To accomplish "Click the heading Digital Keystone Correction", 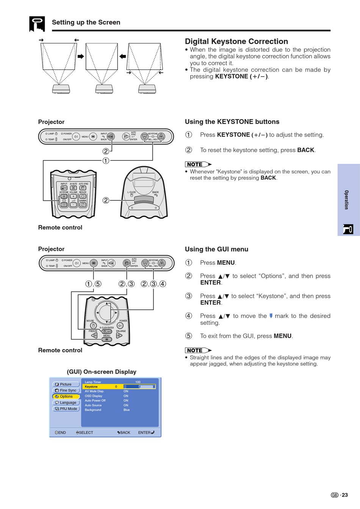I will [236, 41].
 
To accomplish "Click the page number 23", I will [344, 495].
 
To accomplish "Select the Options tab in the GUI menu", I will [66, 396].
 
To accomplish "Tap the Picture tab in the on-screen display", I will [66, 384].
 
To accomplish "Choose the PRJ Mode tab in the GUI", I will [66, 409].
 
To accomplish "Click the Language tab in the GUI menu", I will [66, 402].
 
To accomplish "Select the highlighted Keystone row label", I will [91, 386].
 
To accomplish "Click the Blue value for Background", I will [127, 410].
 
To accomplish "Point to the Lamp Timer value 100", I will [138, 382].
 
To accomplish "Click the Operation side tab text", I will [346, 200].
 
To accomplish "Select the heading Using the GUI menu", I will [216, 249].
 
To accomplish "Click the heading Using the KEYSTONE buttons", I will [232, 122].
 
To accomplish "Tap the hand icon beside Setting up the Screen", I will [37, 24].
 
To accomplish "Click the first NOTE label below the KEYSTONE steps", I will [195, 164].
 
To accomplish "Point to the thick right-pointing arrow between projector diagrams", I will [81, 57].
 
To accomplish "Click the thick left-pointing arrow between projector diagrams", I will [123, 57].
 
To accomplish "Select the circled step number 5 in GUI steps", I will [189, 336].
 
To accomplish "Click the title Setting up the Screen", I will [86, 22].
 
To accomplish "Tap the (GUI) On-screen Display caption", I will [102, 372].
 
